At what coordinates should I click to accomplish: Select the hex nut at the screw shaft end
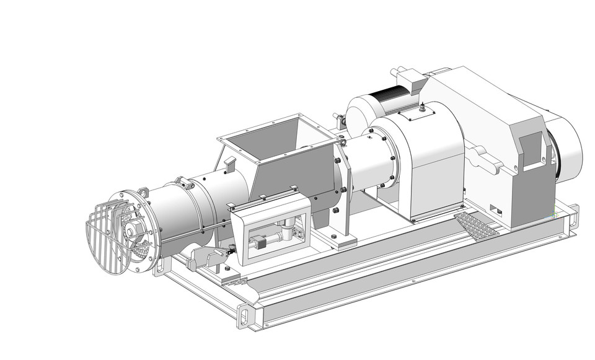tap(131, 231)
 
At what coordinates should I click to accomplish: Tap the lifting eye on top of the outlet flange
tap(143, 192)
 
